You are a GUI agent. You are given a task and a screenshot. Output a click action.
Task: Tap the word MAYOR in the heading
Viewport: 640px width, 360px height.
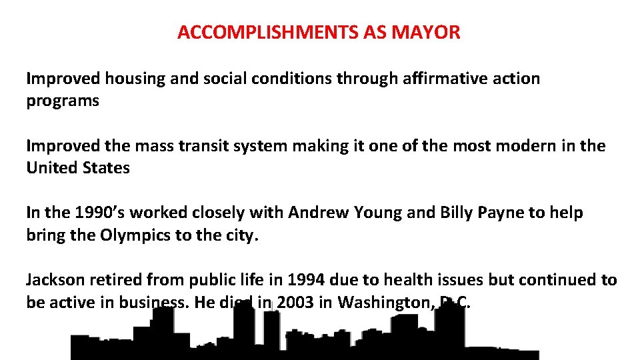tap(434, 32)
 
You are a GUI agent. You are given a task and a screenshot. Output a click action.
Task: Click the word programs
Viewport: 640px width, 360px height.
tap(63, 101)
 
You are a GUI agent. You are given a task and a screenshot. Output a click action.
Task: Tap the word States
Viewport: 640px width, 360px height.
tap(106, 168)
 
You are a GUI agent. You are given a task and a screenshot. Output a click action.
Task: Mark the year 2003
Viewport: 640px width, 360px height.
tap(295, 303)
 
